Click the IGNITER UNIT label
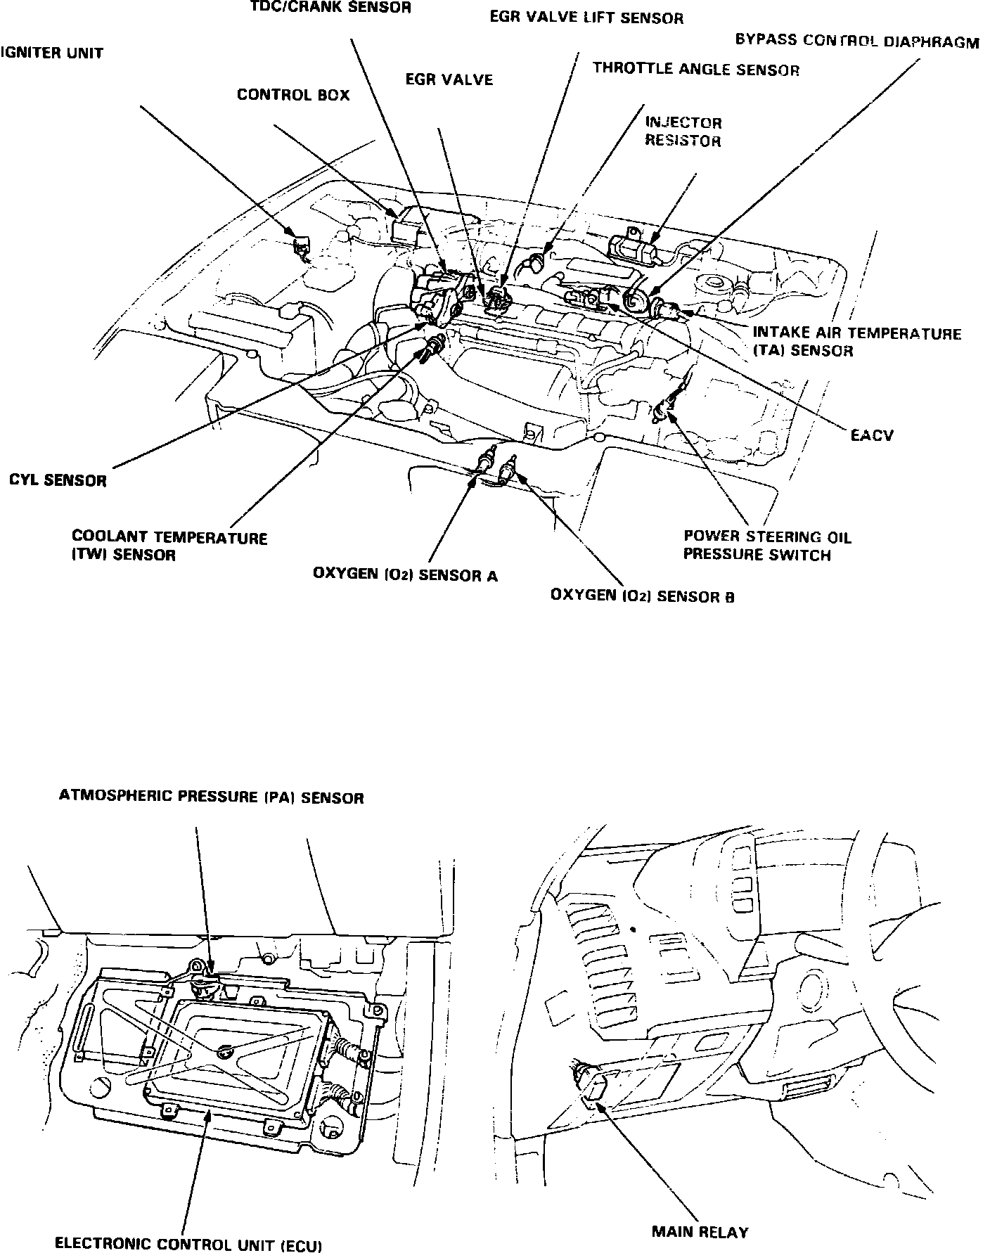click(x=52, y=53)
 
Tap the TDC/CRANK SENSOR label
click(x=330, y=8)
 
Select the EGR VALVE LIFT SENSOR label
click(x=586, y=18)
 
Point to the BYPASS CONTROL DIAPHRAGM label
click(x=856, y=41)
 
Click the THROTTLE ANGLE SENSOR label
click(x=695, y=69)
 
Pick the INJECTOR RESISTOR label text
click(x=683, y=131)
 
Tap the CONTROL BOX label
click(x=292, y=95)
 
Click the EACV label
click(x=871, y=435)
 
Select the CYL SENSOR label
click(x=58, y=482)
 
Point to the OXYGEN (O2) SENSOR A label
click(x=405, y=575)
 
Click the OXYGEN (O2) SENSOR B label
click(x=642, y=596)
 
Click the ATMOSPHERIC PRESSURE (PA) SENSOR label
click(x=211, y=797)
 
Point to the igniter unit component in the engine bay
click(x=302, y=247)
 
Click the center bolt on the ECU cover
click(x=225, y=1053)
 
